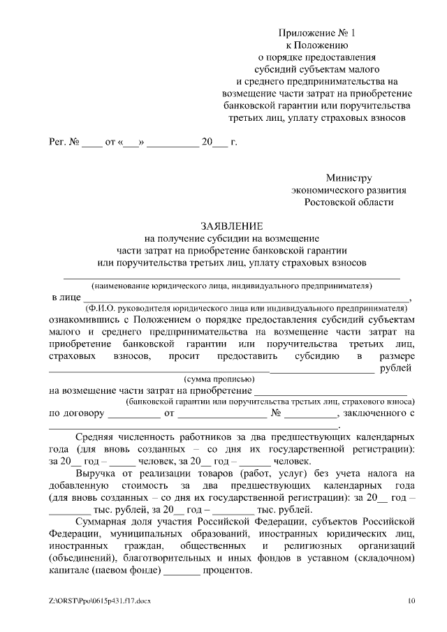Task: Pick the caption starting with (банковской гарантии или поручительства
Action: (x=270, y=402)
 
